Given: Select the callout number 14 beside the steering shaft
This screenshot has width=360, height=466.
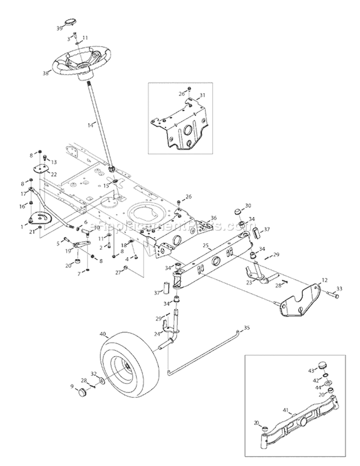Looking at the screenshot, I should point(90,124).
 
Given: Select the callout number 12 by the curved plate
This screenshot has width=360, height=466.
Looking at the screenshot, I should point(324,280).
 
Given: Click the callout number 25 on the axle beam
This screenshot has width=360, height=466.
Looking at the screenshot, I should point(205,246).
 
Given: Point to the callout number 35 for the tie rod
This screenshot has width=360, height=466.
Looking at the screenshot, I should point(247,328).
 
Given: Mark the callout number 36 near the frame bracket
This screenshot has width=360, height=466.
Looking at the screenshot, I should point(213,217).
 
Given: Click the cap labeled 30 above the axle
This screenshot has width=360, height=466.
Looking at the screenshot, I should point(237,211).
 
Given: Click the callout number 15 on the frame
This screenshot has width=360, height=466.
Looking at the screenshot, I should point(107,185).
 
